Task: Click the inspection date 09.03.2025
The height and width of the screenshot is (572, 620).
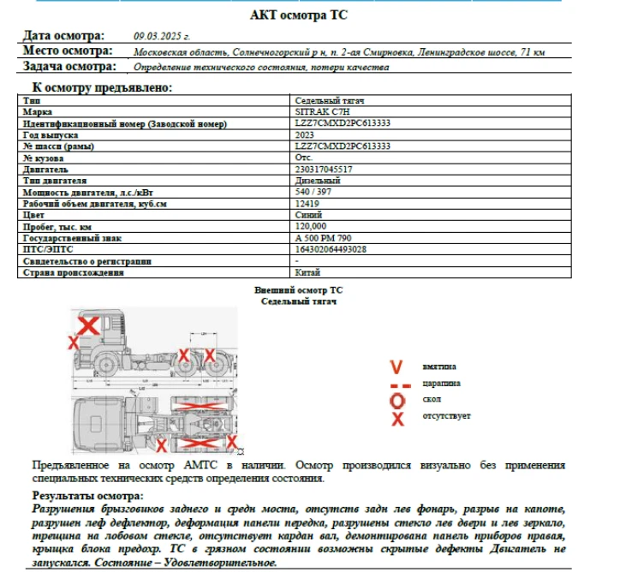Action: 162,36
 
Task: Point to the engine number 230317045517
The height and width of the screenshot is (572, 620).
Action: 324,170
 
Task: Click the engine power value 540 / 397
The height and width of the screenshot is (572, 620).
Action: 313,193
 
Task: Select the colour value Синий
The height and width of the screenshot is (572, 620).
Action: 308,215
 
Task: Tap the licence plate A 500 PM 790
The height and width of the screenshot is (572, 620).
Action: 323,238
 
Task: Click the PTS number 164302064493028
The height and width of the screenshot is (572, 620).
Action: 331,249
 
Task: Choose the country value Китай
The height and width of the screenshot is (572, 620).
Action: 307,272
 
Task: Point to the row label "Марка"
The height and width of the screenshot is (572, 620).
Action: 39,112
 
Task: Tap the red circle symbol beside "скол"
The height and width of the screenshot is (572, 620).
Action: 396,400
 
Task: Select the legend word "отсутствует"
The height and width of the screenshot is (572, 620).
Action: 445,416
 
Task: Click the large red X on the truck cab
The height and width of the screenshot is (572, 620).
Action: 88,325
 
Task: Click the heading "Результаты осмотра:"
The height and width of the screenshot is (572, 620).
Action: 88,496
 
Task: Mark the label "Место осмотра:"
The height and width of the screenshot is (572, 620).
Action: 69,51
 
